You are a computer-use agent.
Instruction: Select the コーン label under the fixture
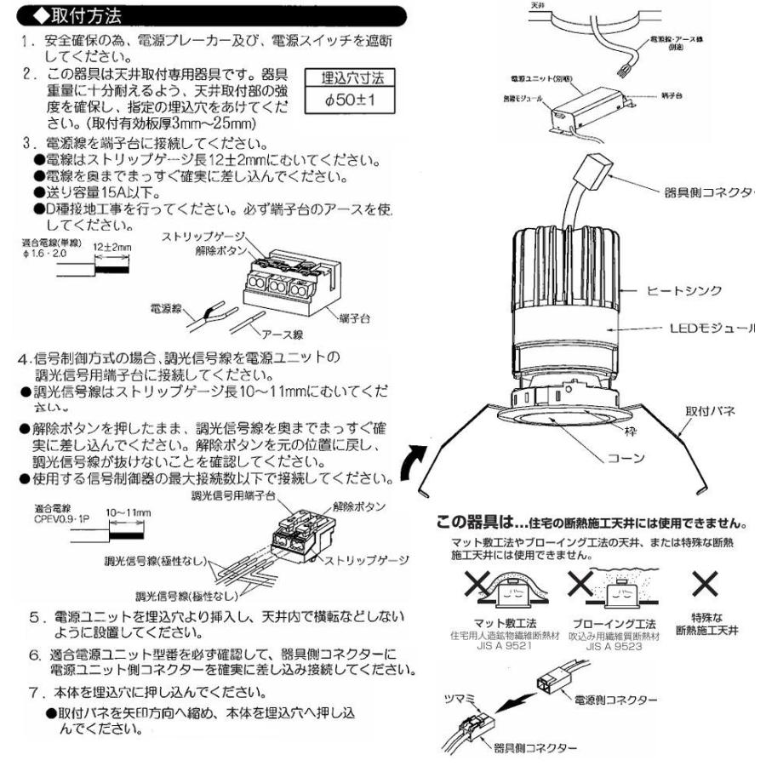point(624,457)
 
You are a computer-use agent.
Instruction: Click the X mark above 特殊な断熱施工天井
point(706,586)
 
